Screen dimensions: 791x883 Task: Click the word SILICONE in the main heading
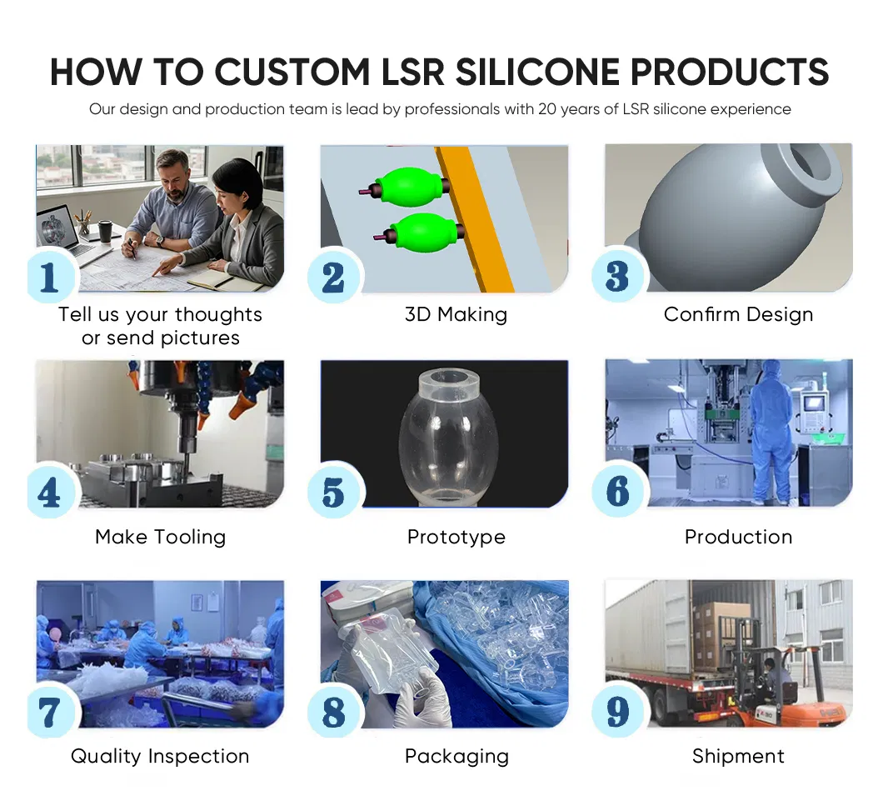(538, 73)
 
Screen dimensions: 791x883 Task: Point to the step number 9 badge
(617, 713)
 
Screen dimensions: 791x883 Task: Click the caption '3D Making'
(456, 315)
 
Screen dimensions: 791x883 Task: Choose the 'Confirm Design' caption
(738, 315)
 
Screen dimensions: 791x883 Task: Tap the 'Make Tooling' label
(160, 537)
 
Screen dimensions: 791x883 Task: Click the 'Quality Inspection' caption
(160, 756)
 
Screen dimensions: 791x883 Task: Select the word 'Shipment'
(738, 756)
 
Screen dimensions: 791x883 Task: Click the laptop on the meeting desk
(62, 228)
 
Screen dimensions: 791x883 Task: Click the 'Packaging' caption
(456, 756)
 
